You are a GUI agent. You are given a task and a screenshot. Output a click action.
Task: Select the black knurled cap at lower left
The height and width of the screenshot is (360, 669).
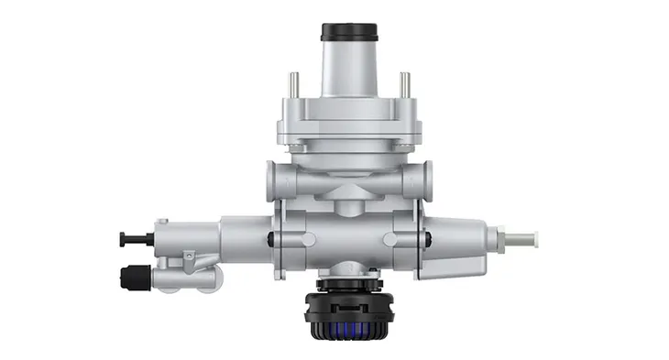tap(134, 274)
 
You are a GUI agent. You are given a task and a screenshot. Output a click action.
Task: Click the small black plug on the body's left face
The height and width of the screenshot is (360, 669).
tap(269, 240)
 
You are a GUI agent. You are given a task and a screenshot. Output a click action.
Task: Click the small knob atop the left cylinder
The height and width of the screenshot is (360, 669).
tap(162, 223)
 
